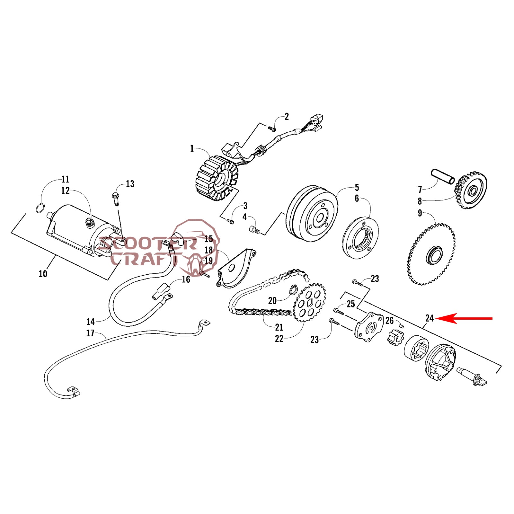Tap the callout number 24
tap(429, 318)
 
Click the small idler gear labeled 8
tap(471, 191)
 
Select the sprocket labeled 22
tap(310, 302)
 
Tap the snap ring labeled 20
tap(293, 290)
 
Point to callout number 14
tap(91, 322)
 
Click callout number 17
tap(90, 333)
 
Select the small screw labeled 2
tap(272, 129)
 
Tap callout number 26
tap(389, 320)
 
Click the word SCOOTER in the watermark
tap(148, 244)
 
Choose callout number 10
tap(43, 274)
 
